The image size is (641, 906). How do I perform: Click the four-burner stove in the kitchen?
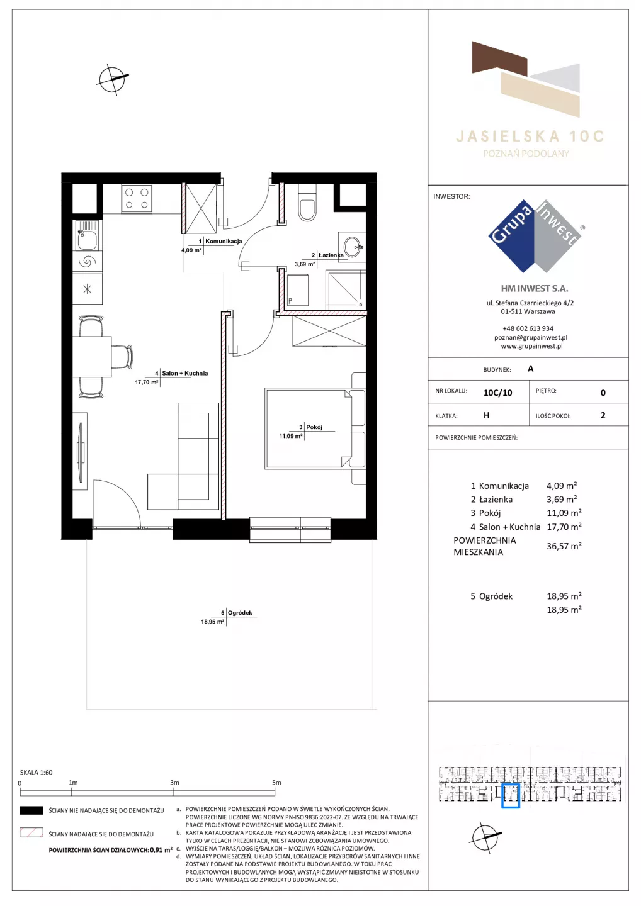137,199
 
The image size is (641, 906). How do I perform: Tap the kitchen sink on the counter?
87,236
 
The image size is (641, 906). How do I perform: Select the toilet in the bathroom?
307,203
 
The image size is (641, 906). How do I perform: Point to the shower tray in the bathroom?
346,291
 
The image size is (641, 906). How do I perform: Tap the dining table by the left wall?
93,356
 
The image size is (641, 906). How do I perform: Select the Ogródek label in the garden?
240,612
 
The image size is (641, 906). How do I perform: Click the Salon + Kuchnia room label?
185,373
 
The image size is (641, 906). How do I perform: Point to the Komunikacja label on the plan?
224,241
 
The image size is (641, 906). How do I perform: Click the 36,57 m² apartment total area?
564,546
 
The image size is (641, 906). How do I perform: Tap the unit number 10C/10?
497,393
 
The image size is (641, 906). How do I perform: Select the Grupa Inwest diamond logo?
535,236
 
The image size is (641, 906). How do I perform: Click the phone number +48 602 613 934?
528,328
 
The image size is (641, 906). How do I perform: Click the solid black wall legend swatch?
31,810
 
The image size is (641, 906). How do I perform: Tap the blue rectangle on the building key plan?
510,796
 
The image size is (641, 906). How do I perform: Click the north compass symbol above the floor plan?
113,79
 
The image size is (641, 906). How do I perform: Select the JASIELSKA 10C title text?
530,137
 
